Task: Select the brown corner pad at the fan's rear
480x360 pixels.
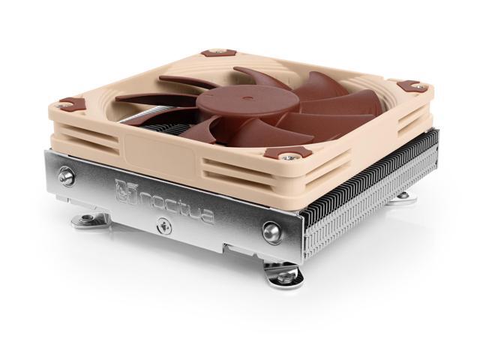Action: tap(217, 52)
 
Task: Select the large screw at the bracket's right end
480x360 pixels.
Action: tap(271, 230)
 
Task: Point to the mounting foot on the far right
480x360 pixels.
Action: tap(403, 196)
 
